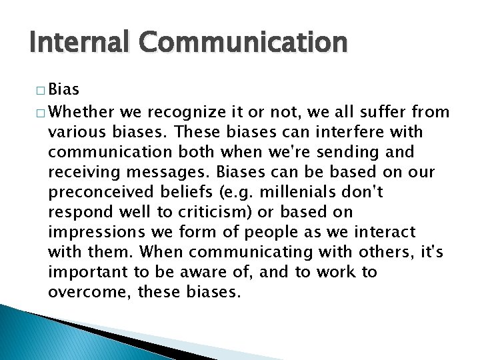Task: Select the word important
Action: [89, 273]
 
